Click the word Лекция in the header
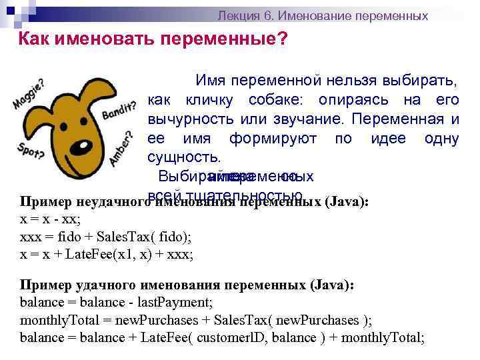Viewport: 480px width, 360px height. [237, 15]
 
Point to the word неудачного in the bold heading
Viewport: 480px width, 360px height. [109, 202]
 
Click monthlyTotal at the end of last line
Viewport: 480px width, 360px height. [383, 337]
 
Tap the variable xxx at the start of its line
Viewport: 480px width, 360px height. [30, 237]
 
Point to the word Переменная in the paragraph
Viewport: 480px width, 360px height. [407, 120]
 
